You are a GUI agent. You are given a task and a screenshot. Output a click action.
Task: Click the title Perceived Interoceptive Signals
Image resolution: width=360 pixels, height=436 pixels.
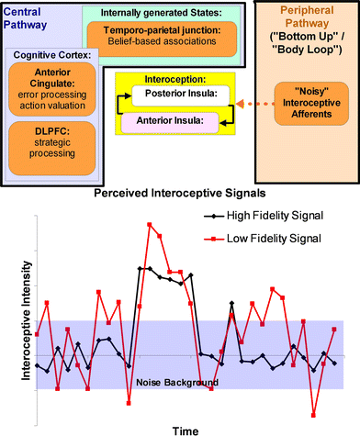(180, 196)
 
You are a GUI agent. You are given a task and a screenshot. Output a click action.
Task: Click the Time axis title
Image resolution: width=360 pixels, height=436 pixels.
(180, 428)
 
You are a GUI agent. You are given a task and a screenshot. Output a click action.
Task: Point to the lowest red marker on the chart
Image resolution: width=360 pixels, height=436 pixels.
(313, 416)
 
